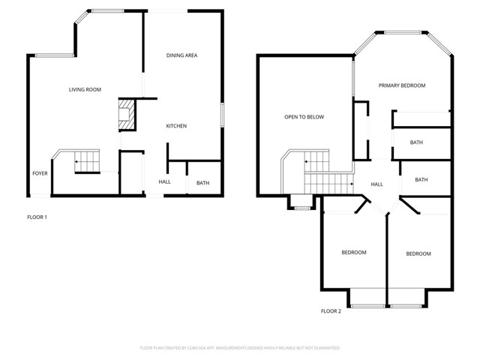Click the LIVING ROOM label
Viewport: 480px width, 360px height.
coord(85,90)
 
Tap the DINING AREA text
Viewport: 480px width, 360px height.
coord(181,55)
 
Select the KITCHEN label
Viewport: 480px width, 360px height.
coord(176,126)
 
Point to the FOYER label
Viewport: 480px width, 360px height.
coord(40,173)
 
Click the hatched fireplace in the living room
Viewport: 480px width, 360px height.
coord(125,115)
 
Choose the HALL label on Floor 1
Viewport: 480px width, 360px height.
coord(164,182)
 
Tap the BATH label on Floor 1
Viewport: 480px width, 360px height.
coord(202,183)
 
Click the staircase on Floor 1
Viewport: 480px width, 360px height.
coord(86,161)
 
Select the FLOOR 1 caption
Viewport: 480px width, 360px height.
coord(36,217)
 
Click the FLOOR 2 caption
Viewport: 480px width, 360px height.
coord(331,310)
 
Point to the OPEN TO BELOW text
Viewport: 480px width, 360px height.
coord(304,117)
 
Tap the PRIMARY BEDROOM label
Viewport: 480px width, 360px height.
coord(402,85)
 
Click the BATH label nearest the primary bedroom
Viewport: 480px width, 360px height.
coord(416,142)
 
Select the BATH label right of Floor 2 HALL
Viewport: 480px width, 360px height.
coord(421,179)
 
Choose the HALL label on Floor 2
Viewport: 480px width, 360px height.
coord(377,184)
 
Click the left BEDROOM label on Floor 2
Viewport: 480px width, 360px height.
coord(354,253)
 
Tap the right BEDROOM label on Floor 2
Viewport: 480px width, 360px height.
coord(418,253)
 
